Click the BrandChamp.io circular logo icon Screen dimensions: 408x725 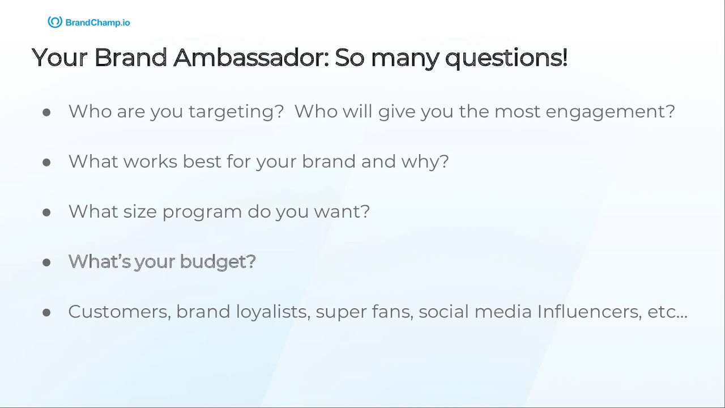[x=55, y=22]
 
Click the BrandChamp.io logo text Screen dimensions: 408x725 [x=97, y=23]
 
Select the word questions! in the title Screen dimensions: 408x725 [x=506, y=58]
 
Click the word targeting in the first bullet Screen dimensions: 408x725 [x=236, y=112]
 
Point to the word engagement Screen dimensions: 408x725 [x=610, y=112]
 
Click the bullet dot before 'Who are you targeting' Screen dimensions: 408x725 [x=46, y=112]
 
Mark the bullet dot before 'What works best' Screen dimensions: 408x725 [x=46, y=162]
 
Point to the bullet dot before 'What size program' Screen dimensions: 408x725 [x=46, y=212]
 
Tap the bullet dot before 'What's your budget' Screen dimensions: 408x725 [x=46, y=262]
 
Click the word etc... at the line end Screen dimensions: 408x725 [x=667, y=312]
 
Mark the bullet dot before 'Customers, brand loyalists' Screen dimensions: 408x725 [x=46, y=312]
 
